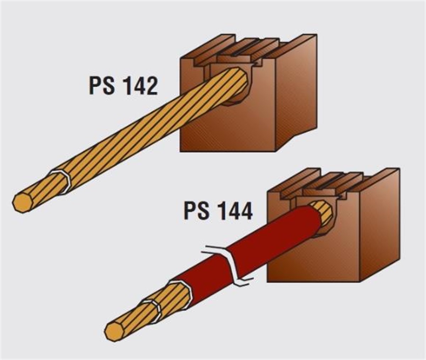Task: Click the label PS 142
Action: coord(124,86)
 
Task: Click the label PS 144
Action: coord(218,211)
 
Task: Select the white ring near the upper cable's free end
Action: coord(61,182)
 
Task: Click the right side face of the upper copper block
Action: coord(296,94)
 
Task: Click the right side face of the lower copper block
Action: coord(379,225)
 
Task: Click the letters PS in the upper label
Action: coord(102,86)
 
